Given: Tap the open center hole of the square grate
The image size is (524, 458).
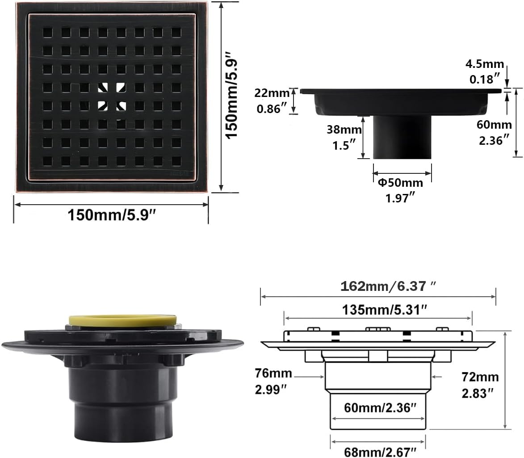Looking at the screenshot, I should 112,97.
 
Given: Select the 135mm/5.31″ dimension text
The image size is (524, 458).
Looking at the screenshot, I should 378,309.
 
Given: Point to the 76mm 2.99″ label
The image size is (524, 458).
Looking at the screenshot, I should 273,381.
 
